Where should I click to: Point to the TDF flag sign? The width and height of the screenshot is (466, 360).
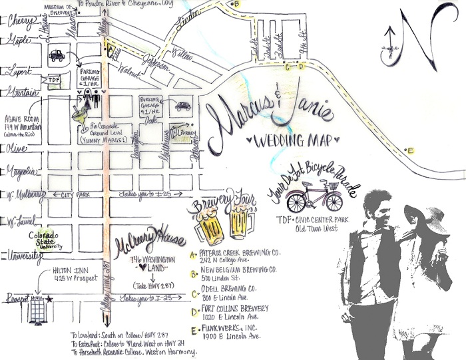click(x=54, y=80)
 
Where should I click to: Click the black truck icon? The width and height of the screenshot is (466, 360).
click(x=57, y=56)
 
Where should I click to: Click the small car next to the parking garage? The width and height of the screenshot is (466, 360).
click(x=182, y=106)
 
